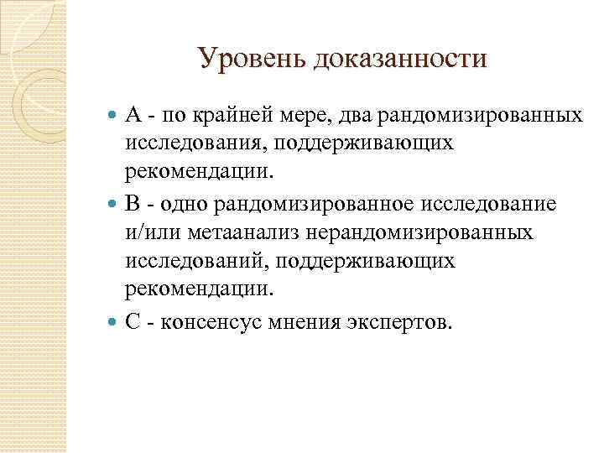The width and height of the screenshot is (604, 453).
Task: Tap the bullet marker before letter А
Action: click(x=114, y=113)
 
